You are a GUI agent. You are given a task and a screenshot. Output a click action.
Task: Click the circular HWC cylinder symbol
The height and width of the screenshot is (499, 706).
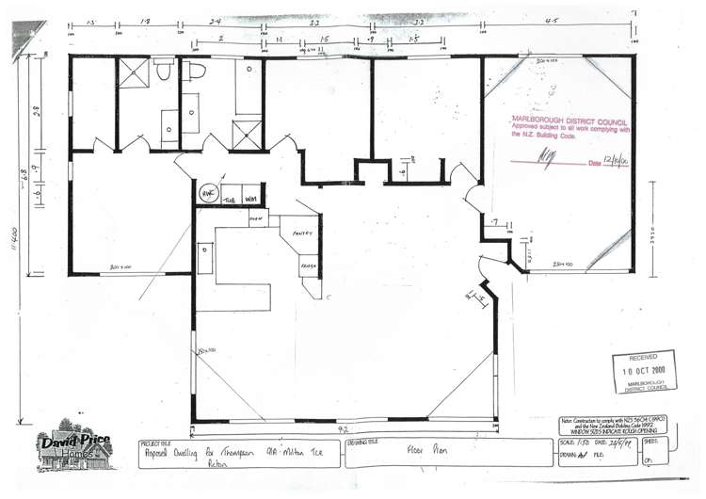click(x=207, y=190)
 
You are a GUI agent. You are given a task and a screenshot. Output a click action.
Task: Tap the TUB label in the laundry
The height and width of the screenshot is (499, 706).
click(x=229, y=200)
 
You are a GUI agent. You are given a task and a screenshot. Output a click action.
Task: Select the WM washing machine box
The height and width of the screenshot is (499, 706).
click(x=251, y=199)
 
